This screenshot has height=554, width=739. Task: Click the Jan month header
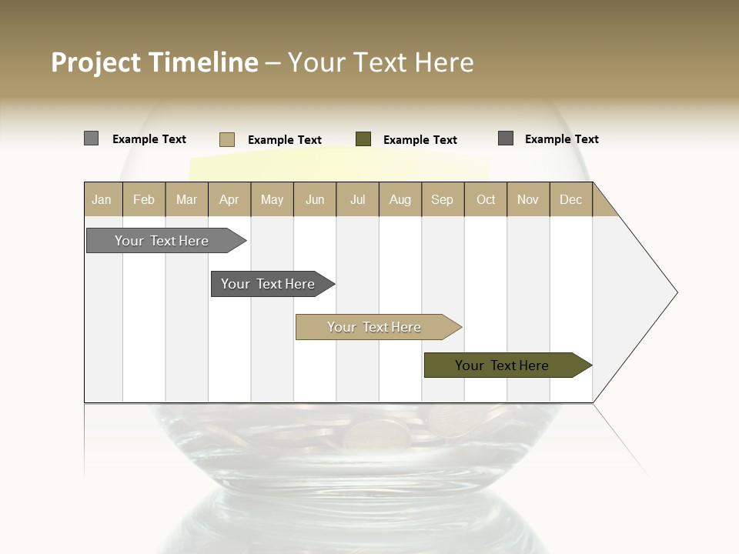[x=102, y=199]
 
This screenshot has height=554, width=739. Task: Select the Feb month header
[x=144, y=199]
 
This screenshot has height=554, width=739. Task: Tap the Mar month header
[x=186, y=199]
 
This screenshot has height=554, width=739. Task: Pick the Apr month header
[x=229, y=199]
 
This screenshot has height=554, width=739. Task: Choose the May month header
[x=272, y=199]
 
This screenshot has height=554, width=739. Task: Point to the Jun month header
[x=315, y=199]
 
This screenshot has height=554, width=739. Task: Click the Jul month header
[x=357, y=199]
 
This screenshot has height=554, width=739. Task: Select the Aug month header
[x=400, y=199]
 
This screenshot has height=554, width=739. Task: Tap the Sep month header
[x=443, y=199]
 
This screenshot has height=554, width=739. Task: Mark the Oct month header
[x=486, y=199]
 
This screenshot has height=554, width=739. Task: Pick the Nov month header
[x=528, y=199]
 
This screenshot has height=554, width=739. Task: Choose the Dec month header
[x=571, y=199]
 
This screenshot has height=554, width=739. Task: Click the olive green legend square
[x=363, y=138]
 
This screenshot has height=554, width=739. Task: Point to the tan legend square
[x=227, y=139]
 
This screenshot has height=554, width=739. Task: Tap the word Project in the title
[x=96, y=62]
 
